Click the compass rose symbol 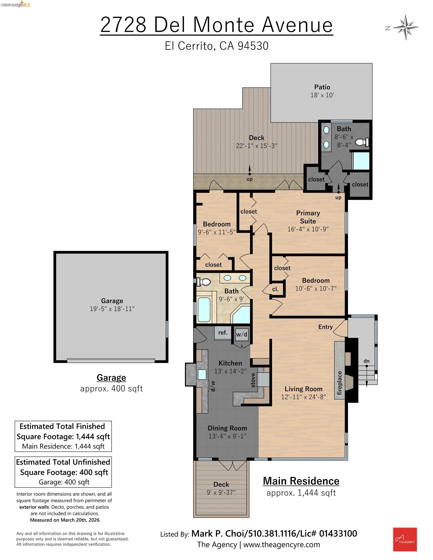[x=406, y=27]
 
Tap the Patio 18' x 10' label [x=322, y=91]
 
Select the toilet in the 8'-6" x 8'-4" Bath [x=362, y=142]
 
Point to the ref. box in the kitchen [x=223, y=333]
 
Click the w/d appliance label [x=242, y=334]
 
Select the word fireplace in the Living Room [x=339, y=383]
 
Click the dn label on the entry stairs [x=366, y=361]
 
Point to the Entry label [x=325, y=327]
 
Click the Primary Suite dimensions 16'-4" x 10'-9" [x=308, y=229]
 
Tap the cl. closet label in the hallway [x=275, y=289]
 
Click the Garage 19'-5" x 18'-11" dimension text [x=112, y=309]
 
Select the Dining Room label [x=227, y=428]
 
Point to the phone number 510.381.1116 [x=272, y=534]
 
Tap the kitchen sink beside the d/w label [x=202, y=375]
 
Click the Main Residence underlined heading [x=301, y=481]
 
